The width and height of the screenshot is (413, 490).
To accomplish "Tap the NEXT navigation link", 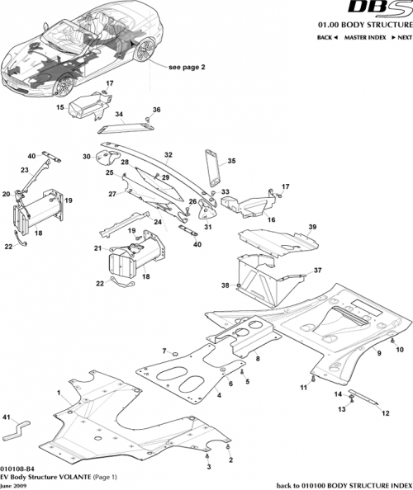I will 401,39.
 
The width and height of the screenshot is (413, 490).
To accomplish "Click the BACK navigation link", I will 327,39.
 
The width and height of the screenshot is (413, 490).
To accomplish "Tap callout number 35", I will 231,161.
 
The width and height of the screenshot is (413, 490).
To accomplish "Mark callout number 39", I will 312,226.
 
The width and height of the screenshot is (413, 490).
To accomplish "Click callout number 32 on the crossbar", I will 168,154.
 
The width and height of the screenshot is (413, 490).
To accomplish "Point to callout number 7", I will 164,351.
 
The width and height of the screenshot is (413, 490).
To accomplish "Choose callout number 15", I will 60,107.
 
